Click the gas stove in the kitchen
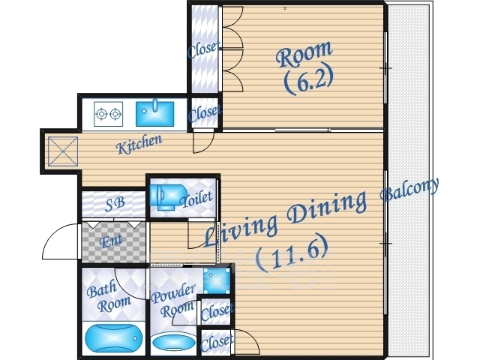pos(108,114)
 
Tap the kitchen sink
pos(155,113)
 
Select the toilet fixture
pos(167,196)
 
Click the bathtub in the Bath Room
pos(113,338)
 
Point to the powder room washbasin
pos(174,343)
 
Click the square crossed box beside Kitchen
pos(63,151)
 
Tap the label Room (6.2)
pos(305,67)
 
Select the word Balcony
pos(409,190)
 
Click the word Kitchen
pos(139,144)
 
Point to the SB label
pos(115,204)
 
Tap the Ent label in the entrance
pos(111,241)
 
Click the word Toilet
pos(196,199)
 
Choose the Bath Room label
pos(108,295)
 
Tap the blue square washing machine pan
pos(217,280)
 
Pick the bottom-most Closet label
pos(217,343)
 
